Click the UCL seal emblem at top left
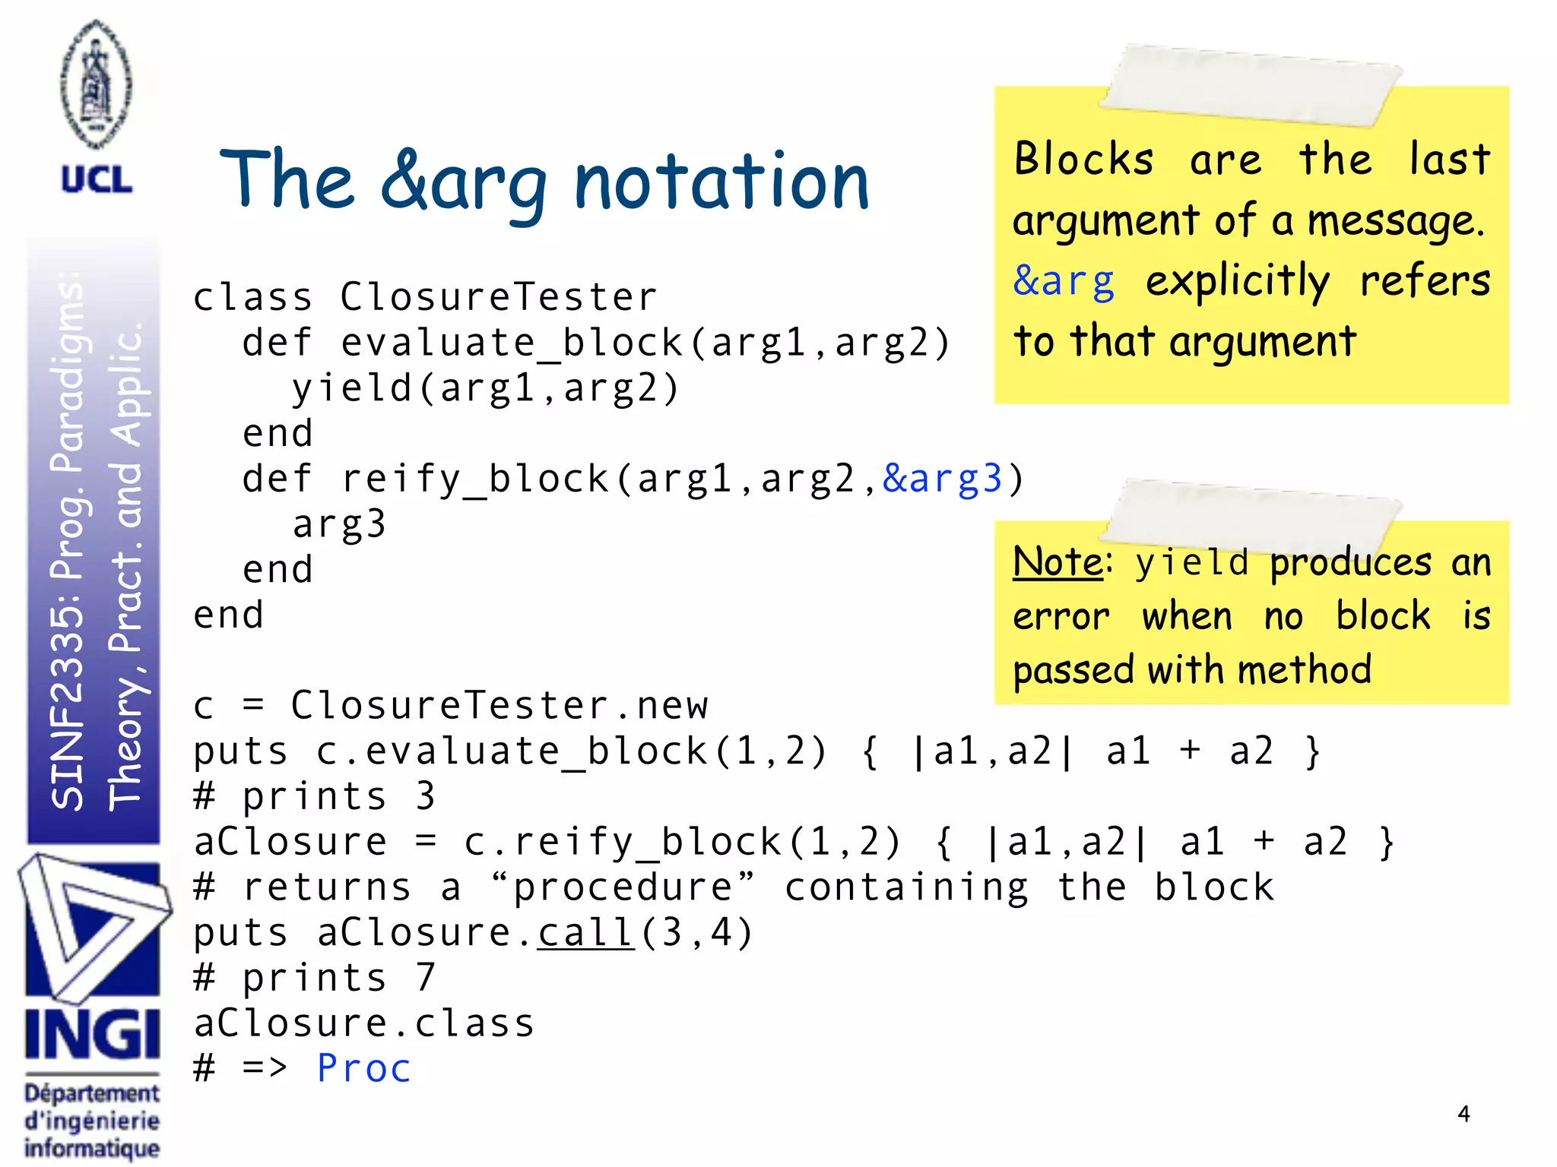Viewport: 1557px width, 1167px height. [96, 84]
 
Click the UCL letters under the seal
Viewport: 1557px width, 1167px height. [97, 180]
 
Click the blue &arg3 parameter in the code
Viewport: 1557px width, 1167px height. [942, 479]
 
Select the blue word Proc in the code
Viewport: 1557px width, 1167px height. [363, 1068]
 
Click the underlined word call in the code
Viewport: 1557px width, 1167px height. [585, 932]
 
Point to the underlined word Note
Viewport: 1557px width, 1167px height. [1058, 563]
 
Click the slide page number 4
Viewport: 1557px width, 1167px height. [1463, 1114]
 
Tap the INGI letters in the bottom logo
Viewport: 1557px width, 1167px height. [93, 1034]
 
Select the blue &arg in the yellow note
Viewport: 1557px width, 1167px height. [1064, 281]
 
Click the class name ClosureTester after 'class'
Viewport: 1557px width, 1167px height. [498, 297]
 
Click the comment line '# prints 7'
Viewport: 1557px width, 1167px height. [314, 978]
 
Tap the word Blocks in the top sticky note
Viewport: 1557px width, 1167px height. [1083, 160]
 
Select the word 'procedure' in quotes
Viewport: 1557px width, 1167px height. [623, 887]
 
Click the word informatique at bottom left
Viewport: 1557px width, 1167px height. [92, 1148]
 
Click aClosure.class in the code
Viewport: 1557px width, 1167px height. [364, 1023]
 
